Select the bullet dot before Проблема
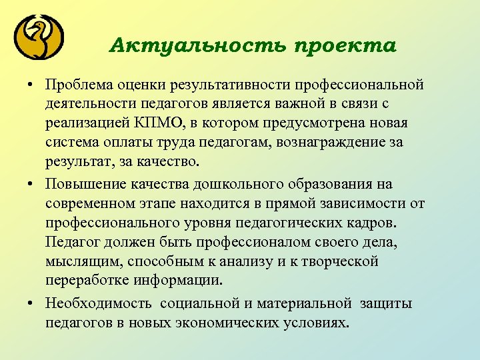31,86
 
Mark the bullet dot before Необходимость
31,304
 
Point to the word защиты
386,304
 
